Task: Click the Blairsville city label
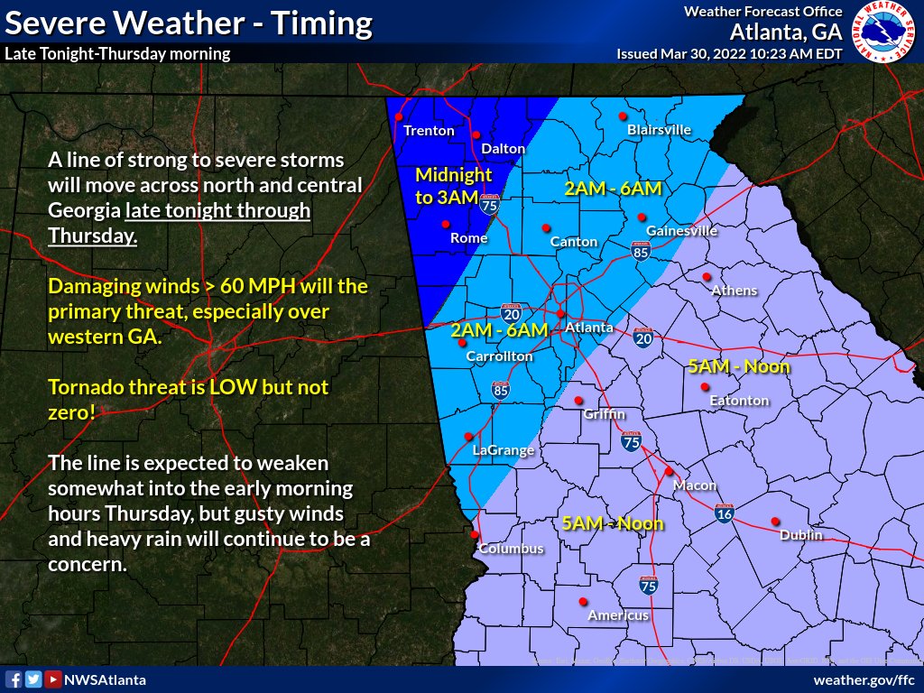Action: point(659,130)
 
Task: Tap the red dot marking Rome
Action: point(445,224)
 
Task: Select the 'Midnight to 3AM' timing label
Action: point(453,186)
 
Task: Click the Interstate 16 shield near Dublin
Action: point(724,513)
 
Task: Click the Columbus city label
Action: point(511,549)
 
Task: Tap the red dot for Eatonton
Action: point(705,387)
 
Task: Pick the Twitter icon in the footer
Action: point(33,679)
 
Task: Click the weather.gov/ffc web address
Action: point(864,679)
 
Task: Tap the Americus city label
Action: point(618,615)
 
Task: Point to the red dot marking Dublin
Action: point(775,521)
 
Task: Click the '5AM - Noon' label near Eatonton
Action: point(738,366)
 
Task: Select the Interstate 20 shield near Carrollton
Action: point(511,312)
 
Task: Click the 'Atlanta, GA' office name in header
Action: point(785,32)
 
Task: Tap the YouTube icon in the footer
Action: point(53,679)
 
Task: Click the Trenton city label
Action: point(429,131)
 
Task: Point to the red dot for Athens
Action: point(707,277)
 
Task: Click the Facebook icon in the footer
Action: point(14,679)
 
